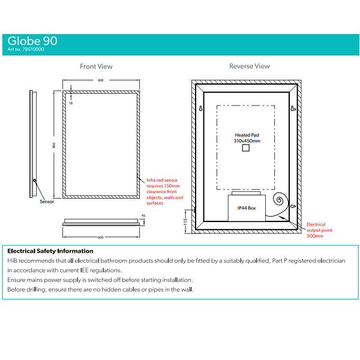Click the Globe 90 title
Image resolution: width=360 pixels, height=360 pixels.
32,41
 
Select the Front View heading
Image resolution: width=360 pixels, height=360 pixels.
96,67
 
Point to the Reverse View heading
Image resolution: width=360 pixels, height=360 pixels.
250,66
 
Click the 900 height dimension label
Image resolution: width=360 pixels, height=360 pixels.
54,145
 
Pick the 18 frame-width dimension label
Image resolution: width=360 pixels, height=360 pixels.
71,103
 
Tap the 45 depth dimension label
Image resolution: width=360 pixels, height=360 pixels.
143,215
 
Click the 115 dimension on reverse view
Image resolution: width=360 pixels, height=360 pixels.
185,221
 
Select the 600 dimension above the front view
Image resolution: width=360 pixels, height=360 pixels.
101,80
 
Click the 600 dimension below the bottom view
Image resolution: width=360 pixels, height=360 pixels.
101,238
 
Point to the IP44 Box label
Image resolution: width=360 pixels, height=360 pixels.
247,208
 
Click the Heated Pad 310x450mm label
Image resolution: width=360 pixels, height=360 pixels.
247,138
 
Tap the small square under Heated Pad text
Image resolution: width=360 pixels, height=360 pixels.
246,148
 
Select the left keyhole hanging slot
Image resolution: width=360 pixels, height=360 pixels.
200,109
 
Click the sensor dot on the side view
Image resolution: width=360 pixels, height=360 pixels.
35,181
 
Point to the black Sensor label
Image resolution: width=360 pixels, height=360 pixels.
47,202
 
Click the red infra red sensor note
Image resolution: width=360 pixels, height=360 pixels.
164,191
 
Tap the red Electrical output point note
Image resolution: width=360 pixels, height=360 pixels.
319,230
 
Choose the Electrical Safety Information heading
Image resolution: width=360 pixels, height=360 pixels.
50,251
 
